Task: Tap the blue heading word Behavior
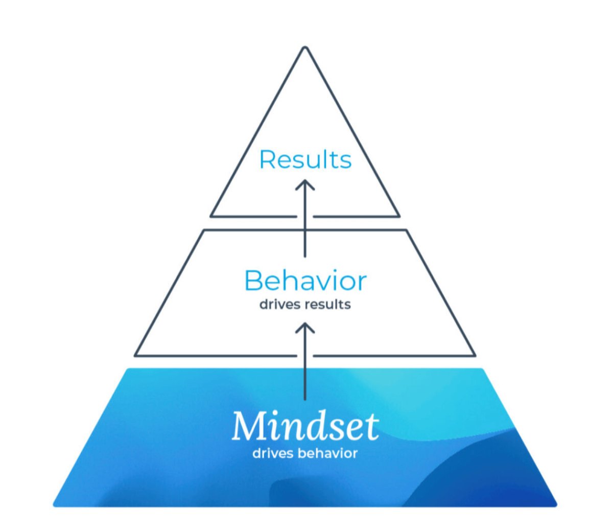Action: point(305,281)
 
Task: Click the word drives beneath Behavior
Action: point(280,305)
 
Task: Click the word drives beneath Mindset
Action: point(273,453)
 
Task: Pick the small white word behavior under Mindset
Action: point(327,453)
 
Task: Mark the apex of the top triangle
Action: point(305,48)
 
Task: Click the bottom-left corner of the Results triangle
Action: point(211,216)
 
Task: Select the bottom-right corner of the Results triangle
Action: point(398,216)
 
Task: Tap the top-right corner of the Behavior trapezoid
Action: point(406,230)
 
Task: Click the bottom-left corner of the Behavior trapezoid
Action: point(135,355)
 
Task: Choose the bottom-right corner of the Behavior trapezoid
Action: point(475,355)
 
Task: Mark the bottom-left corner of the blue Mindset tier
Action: point(55,505)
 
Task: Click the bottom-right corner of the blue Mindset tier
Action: point(556,505)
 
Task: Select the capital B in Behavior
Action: point(254,281)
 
